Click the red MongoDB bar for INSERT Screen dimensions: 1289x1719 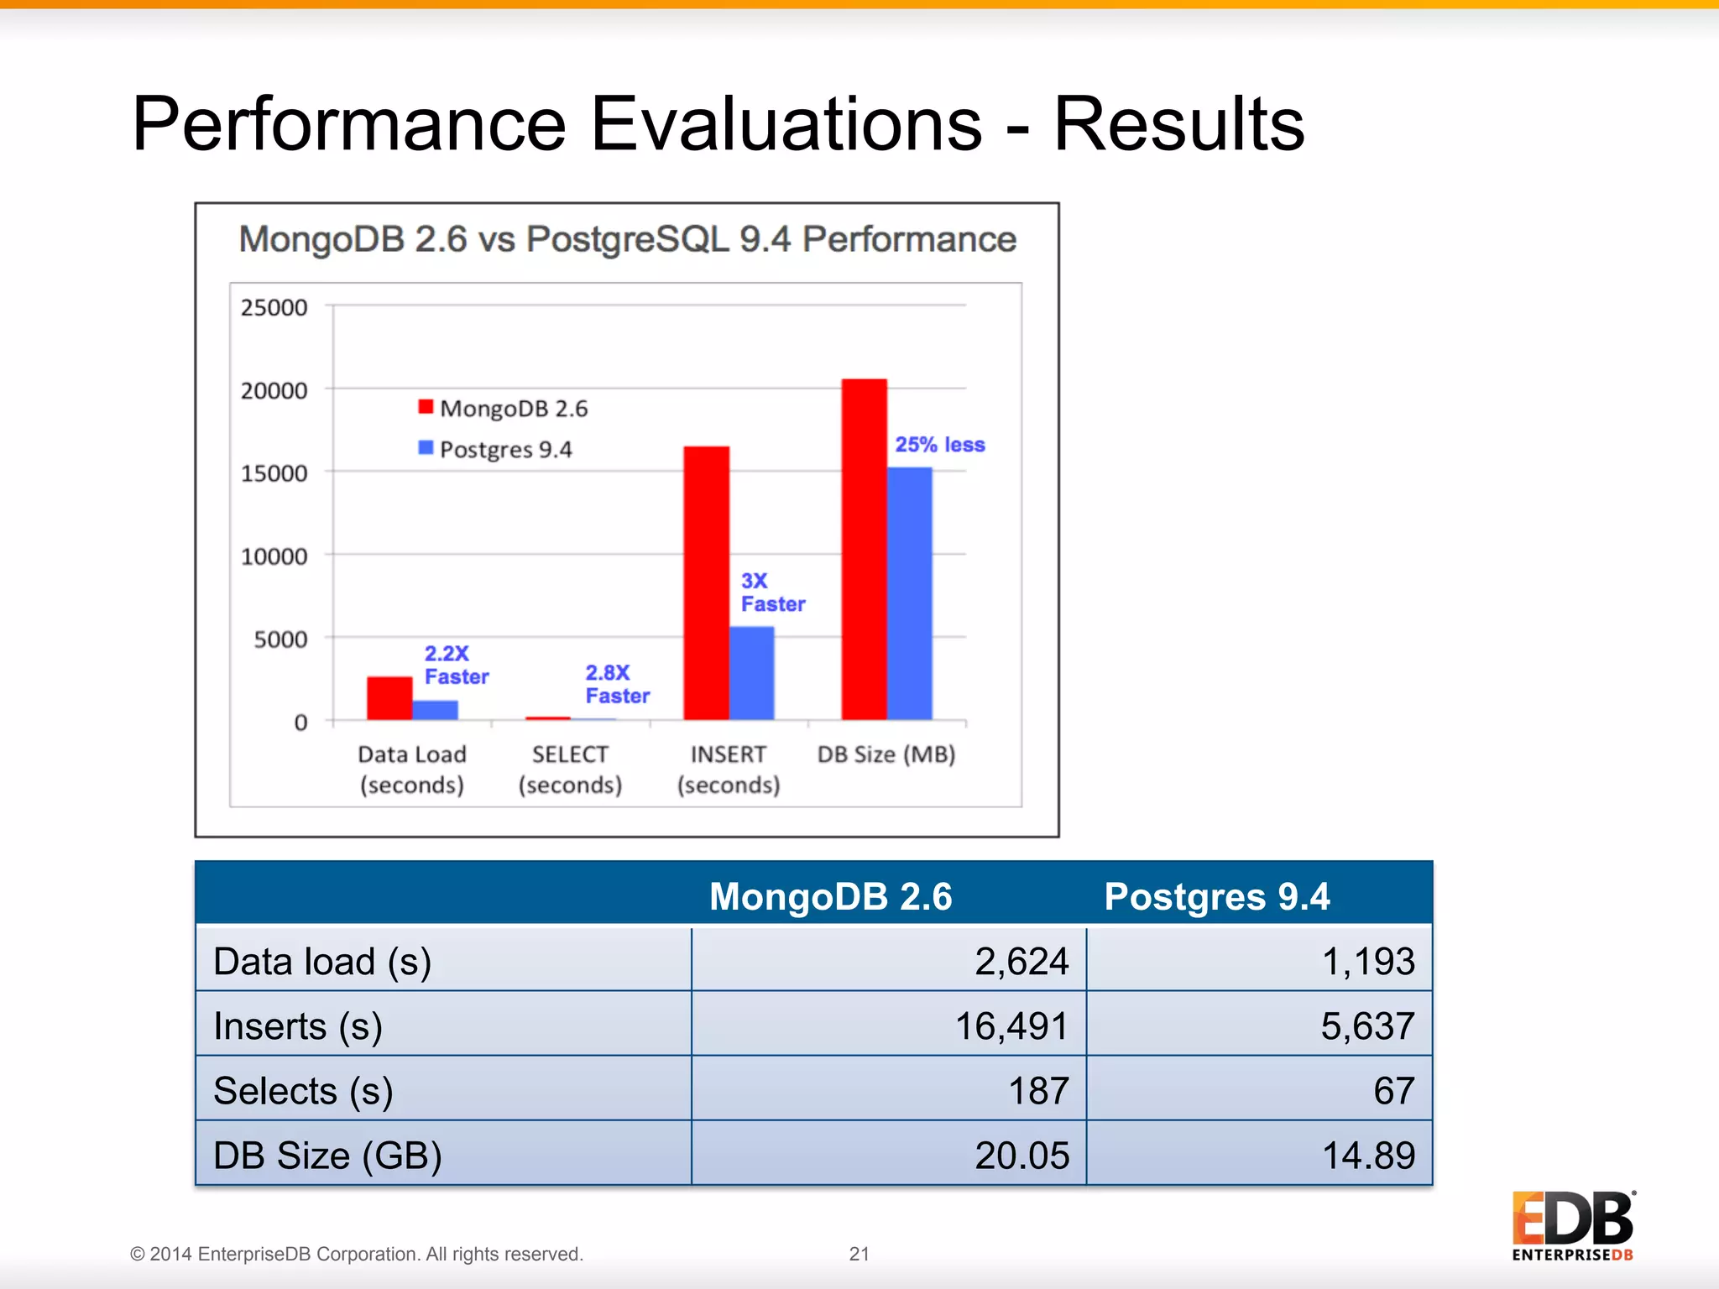pos(706,582)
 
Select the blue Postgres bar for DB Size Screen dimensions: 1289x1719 pos(909,592)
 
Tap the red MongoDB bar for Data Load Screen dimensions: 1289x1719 pos(389,697)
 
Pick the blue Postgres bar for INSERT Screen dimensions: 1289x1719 pos(751,672)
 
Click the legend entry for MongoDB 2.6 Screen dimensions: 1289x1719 pos(504,409)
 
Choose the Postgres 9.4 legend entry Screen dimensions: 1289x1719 pos(496,450)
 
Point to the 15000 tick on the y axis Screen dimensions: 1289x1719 pos(274,473)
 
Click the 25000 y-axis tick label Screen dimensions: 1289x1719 pos(274,307)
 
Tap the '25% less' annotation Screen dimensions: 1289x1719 pos(939,445)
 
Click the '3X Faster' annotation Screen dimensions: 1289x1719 pos(771,592)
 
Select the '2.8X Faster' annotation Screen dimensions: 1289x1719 pos(617,684)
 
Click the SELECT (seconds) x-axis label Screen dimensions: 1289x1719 pos(570,769)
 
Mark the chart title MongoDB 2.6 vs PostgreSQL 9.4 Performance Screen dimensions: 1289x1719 pos(627,239)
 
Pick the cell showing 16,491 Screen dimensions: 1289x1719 pos(1011,1025)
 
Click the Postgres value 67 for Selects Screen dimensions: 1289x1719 pos(1393,1090)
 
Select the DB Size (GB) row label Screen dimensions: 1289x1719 pos(327,1155)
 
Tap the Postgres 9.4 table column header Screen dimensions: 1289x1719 pos(1216,896)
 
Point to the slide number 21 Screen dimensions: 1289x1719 pos(859,1254)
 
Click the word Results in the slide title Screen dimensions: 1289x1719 pos(1178,124)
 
